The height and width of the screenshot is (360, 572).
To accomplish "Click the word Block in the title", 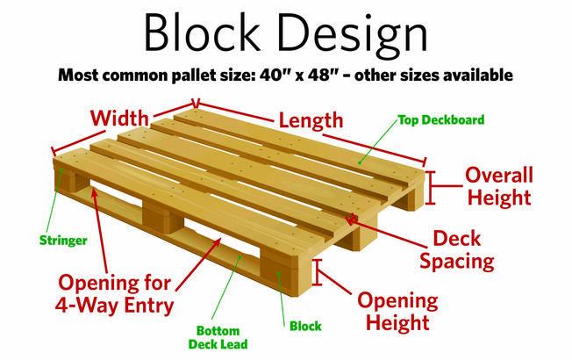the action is (x=203, y=32).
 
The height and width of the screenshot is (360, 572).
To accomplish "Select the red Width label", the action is (x=119, y=119).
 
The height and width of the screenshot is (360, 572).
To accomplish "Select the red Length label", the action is (x=311, y=121).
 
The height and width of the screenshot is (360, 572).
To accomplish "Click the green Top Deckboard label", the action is (x=441, y=119).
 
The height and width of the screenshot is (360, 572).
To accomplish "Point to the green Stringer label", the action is (x=63, y=241).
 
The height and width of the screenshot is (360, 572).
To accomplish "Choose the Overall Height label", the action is (x=499, y=186).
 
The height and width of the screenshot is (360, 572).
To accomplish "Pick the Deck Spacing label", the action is (x=457, y=250).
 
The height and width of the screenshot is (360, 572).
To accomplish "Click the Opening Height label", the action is (x=397, y=312).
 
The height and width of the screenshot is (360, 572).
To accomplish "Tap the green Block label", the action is (x=305, y=326).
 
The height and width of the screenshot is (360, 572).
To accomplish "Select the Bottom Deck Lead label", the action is (x=218, y=337).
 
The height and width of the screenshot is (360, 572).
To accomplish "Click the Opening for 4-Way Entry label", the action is (x=115, y=294).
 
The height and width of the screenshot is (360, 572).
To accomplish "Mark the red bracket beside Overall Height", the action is (x=431, y=187).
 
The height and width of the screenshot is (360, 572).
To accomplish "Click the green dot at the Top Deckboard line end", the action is (x=360, y=162).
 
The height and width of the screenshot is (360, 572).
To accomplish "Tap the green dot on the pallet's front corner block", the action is (x=278, y=273).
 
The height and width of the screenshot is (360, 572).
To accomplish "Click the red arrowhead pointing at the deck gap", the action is (x=351, y=220).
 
